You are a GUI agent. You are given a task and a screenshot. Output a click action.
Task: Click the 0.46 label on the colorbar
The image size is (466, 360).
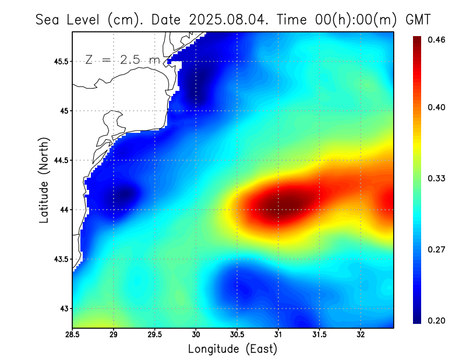pos(437,40)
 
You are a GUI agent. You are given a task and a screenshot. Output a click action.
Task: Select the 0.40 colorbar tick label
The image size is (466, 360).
pos(437,107)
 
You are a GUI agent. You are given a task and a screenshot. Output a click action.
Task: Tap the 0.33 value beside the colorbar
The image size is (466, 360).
pos(437,178)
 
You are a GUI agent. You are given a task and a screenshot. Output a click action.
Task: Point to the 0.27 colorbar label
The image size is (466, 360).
pos(437,249)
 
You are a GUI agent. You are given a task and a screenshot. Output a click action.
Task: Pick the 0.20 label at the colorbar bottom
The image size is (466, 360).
pos(437,320)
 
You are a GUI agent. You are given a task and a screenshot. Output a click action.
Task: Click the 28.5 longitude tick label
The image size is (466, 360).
pos(73,335)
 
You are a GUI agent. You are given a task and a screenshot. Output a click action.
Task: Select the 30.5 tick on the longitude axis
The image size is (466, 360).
pos(237,335)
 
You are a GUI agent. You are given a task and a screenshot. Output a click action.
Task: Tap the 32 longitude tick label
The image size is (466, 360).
pos(361,335)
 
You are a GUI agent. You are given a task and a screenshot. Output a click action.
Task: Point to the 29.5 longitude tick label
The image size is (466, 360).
pos(155,335)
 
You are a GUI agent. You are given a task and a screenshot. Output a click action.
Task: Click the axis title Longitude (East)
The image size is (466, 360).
pos(232,349)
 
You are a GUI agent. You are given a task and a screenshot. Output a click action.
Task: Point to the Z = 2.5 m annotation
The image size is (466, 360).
pos(122,60)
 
